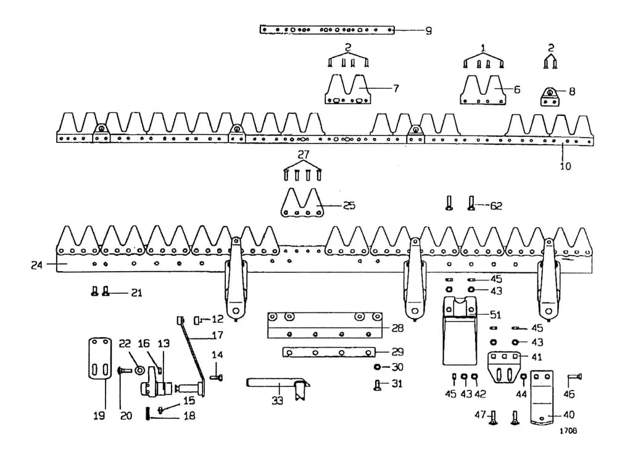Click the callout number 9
tap(429, 30)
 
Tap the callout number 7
tap(395, 89)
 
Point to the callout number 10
tap(566, 166)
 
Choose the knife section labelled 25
tap(302, 205)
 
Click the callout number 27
tap(303, 154)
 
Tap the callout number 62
tap(497, 205)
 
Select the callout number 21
tap(136, 293)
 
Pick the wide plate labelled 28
tap(325, 325)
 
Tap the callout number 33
tap(278, 401)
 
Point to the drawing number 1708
tap(569, 432)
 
